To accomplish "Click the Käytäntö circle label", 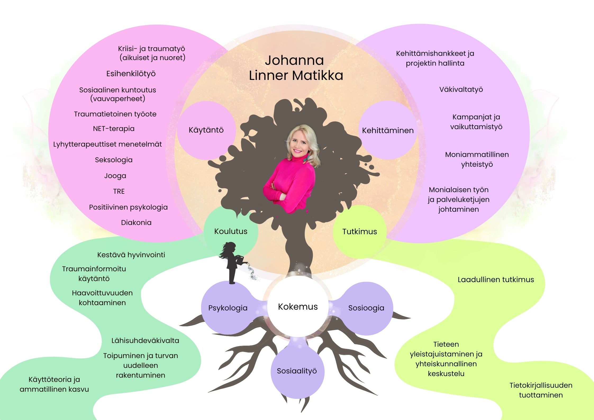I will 206,130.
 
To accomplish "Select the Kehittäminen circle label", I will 388,130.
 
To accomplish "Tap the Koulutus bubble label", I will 231,231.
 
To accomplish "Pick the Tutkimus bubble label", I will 360,232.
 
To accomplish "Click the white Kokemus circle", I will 298,306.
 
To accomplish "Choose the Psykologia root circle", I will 228,308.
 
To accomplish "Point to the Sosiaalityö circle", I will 297,371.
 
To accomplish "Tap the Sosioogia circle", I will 366,308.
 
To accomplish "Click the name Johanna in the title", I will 294,60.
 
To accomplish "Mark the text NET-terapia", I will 114,129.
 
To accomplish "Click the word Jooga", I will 115,176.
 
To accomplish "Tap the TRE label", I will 119,191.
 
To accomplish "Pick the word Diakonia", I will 136,223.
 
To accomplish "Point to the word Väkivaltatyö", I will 461,89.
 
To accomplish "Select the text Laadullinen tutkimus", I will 496,280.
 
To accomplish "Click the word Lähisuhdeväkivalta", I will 145,341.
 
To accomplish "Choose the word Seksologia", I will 114,160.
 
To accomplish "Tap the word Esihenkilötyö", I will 131,74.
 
